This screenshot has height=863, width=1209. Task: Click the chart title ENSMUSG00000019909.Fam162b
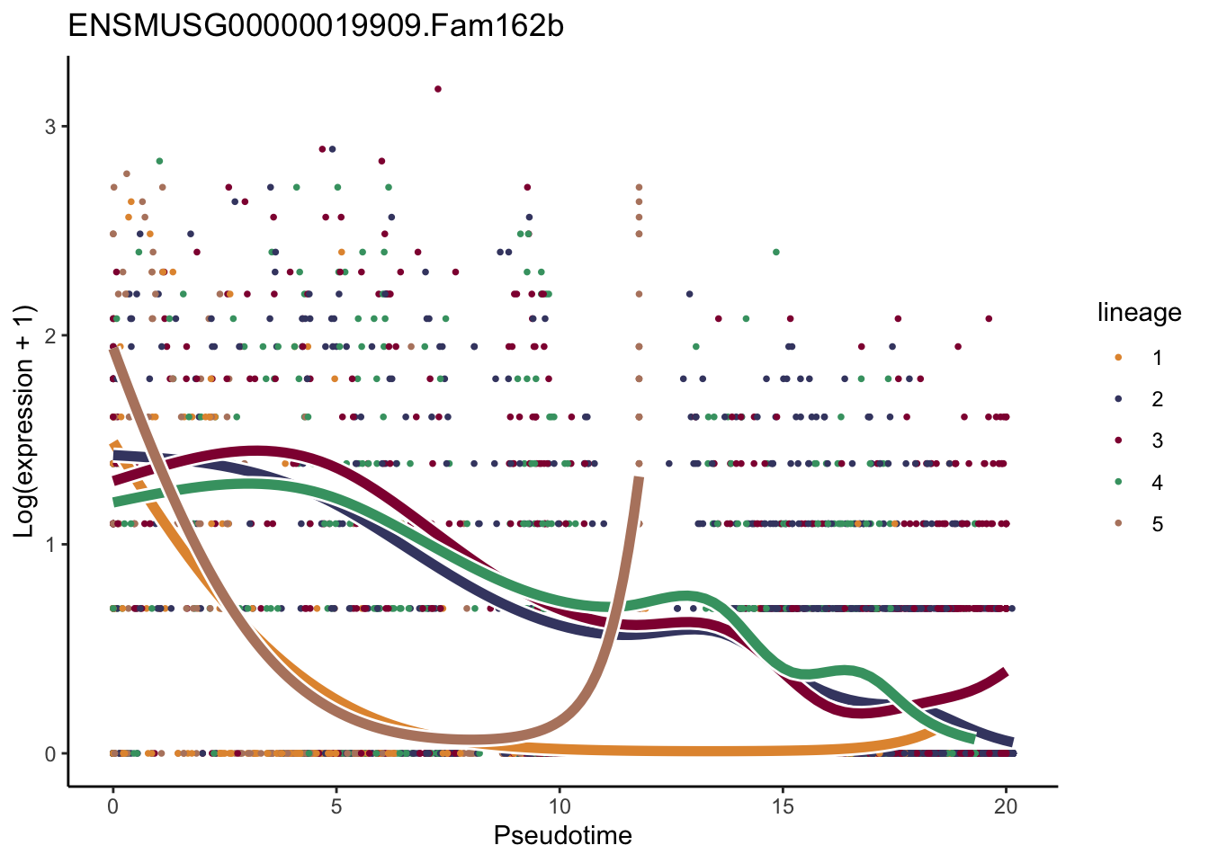[x=316, y=26]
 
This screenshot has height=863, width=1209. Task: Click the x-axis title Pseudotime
[x=562, y=836]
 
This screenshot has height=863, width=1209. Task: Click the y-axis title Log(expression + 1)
[x=25, y=422]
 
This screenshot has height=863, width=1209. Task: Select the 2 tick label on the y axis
[x=50, y=335]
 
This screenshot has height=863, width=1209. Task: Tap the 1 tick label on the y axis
[x=50, y=545]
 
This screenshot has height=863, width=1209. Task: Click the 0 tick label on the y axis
[x=50, y=754]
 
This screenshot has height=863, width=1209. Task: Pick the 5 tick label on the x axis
[x=336, y=806]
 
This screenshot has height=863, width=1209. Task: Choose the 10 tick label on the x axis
[x=559, y=806]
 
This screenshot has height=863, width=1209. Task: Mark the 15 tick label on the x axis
[x=783, y=806]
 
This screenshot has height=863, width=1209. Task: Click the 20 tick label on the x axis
[x=1006, y=806]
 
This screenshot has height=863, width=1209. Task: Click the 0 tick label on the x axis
[x=112, y=806]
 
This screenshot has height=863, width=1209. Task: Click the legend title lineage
[x=1139, y=313]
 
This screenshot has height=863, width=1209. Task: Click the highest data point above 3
[x=438, y=89]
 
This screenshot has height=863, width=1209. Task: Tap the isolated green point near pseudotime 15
[x=776, y=252]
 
